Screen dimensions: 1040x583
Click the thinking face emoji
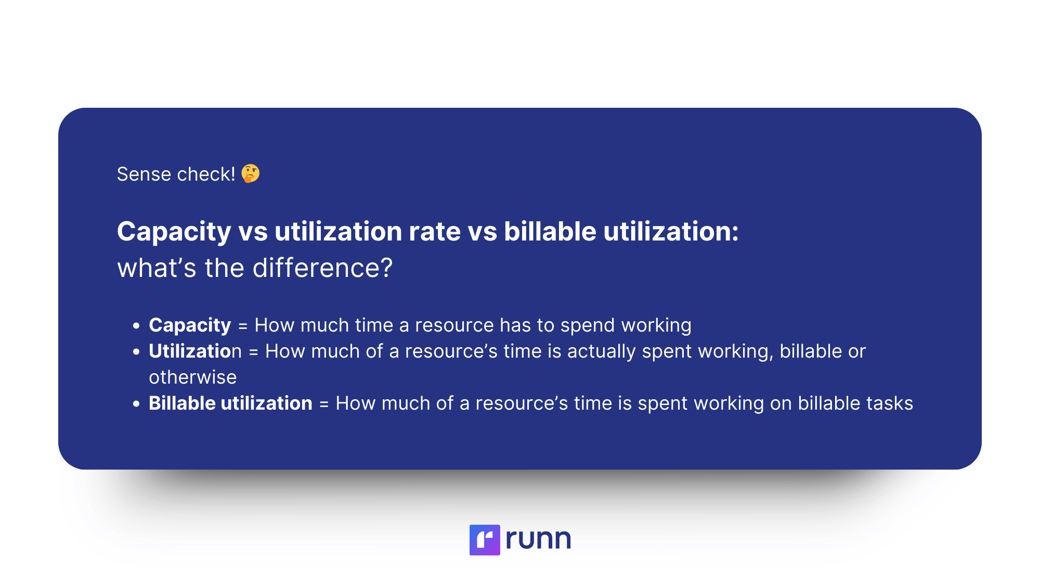(x=250, y=174)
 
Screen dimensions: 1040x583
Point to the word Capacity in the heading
(x=174, y=232)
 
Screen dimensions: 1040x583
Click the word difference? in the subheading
(x=322, y=268)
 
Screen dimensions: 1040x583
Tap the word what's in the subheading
(x=157, y=268)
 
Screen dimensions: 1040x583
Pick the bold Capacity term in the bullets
(x=190, y=325)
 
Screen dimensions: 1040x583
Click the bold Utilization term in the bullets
(x=196, y=351)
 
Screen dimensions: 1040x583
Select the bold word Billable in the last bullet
(x=182, y=403)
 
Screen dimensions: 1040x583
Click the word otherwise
(x=193, y=377)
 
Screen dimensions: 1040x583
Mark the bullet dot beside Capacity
(x=136, y=326)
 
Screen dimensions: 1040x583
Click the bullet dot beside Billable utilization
(x=136, y=404)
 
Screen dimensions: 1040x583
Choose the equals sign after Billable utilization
(x=324, y=404)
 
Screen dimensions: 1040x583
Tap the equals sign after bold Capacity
(x=243, y=326)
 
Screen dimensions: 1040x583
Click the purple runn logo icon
(x=485, y=540)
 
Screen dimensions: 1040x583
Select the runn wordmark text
(x=538, y=539)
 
